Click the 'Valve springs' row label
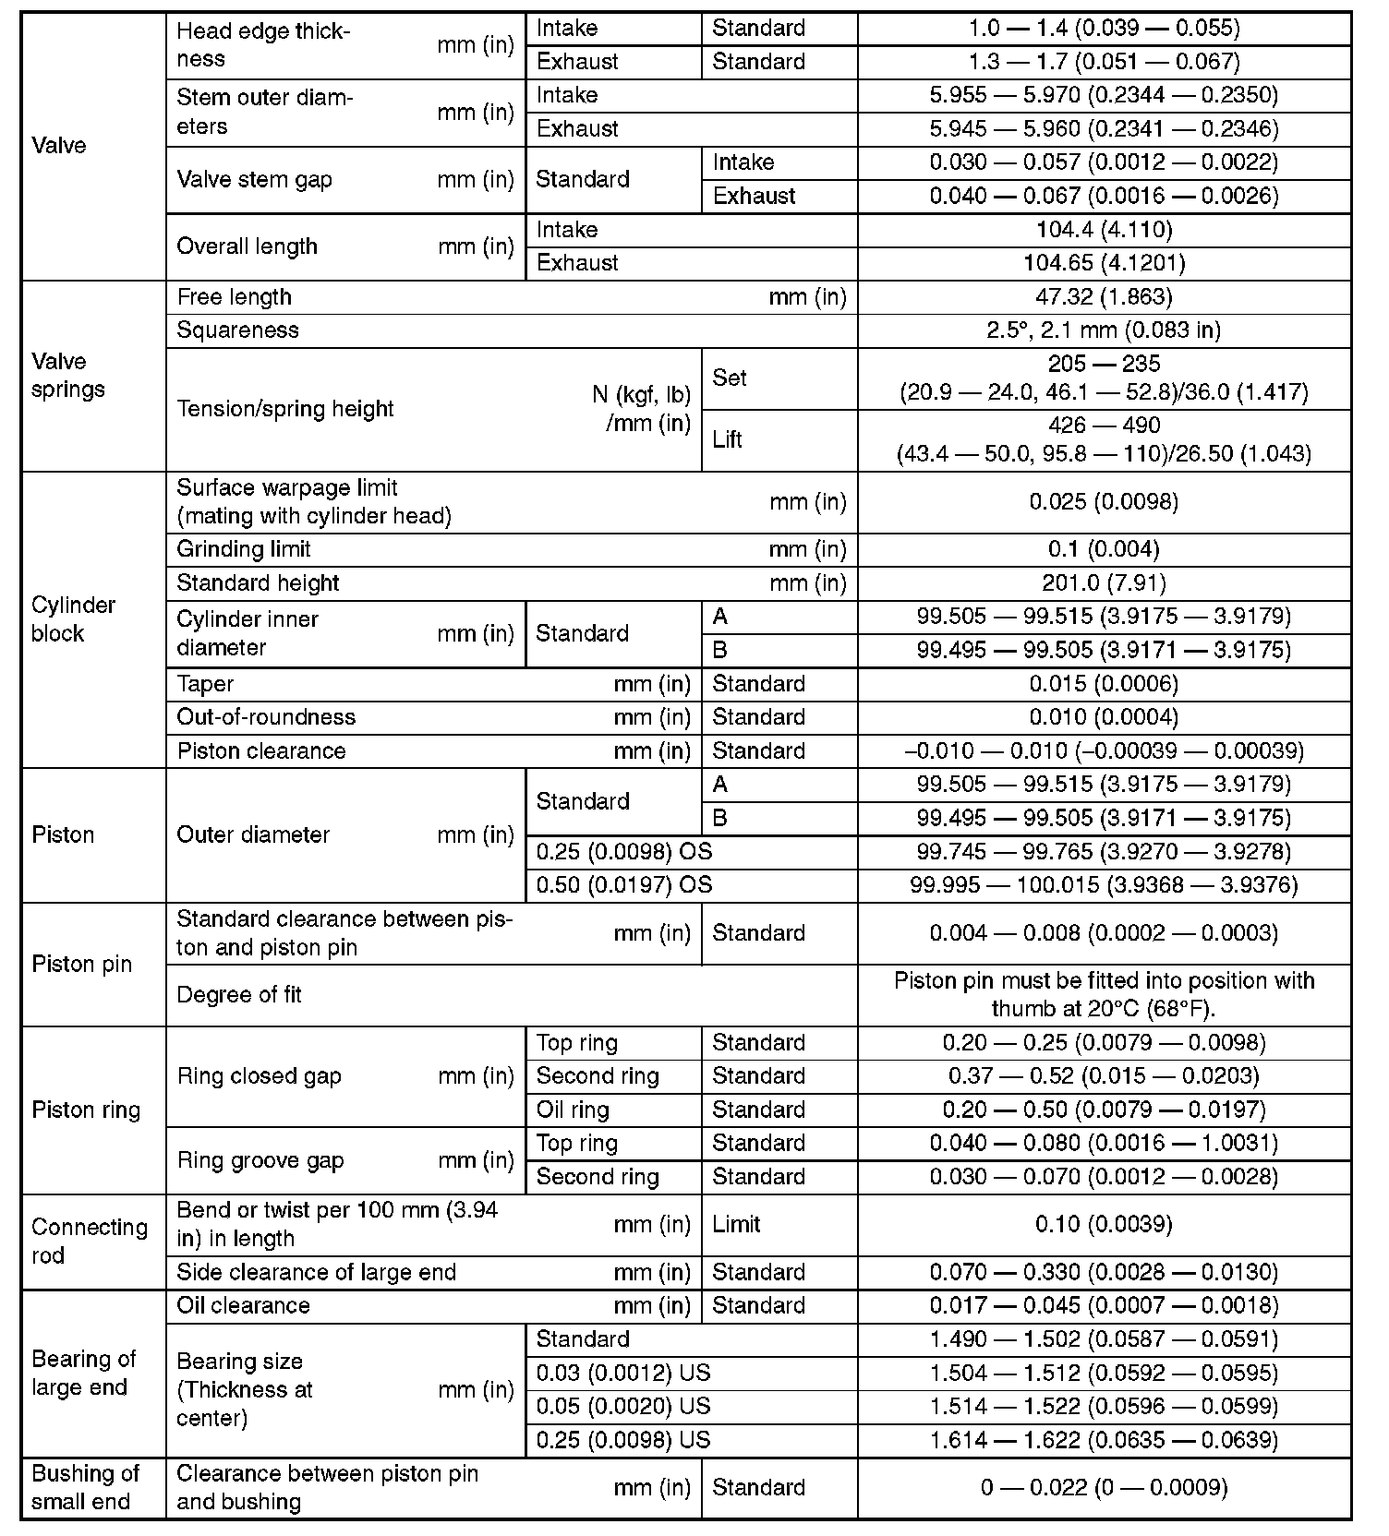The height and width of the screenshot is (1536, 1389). pos(68,375)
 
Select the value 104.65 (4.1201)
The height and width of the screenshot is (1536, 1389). pos(1104,263)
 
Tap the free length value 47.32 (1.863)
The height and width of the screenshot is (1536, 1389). pos(1104,297)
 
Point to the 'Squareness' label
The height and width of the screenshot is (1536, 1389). pos(238,330)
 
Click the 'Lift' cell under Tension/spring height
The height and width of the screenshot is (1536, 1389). pos(728,439)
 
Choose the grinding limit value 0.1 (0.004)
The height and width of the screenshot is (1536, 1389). pos(1104,549)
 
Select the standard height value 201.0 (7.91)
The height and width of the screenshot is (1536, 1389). pos(1104,583)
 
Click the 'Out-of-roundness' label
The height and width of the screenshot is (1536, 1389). pos(266,717)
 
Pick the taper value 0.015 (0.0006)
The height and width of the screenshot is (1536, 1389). pos(1104,684)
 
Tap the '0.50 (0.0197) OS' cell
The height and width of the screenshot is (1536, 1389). pos(624,885)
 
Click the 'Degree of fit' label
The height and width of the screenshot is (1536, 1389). pos(239,995)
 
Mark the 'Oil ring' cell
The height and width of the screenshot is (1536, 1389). pos(573,1110)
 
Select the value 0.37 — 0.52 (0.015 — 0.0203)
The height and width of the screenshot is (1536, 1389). pos(1104,1076)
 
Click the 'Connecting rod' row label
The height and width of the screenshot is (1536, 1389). pos(90,1241)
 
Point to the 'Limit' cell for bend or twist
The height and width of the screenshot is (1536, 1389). pos(736,1224)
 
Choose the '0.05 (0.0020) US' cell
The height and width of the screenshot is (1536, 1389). pos(623,1406)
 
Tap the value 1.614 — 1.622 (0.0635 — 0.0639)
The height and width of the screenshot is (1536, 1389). pos(1104,1440)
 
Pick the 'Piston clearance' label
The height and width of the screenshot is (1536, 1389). pos(261,751)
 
